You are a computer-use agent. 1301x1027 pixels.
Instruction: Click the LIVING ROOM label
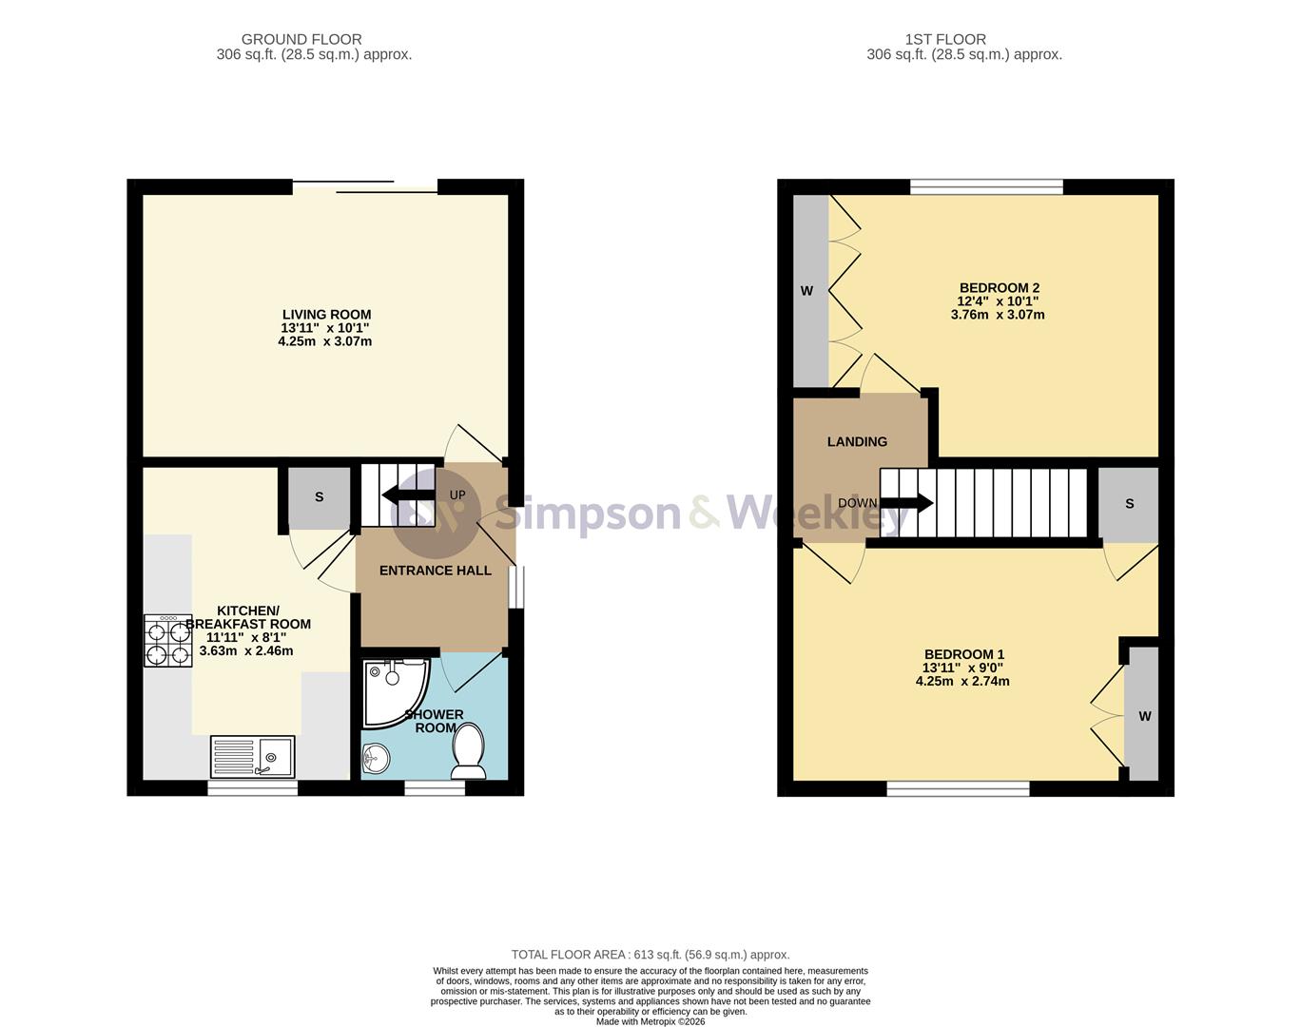pyautogui.click(x=326, y=315)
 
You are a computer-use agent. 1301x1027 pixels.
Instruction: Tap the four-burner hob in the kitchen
pyautogui.click(x=168, y=640)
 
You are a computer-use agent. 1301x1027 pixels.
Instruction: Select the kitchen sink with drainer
pyautogui.click(x=253, y=756)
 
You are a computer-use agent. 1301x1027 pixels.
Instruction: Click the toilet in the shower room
pyautogui.click(x=469, y=751)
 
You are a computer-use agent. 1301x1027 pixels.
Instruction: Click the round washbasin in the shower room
pyautogui.click(x=376, y=758)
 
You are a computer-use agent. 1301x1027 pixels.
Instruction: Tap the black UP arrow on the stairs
pyautogui.click(x=408, y=494)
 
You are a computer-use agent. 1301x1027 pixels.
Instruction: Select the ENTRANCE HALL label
pyautogui.click(x=436, y=570)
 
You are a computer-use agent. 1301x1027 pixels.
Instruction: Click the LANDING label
pyautogui.click(x=857, y=442)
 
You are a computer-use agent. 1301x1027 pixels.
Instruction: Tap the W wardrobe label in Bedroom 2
pyautogui.click(x=806, y=291)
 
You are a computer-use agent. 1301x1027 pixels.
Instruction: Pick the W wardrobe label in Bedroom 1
pyautogui.click(x=1145, y=716)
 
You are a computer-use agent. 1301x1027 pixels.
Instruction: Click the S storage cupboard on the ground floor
pyautogui.click(x=319, y=497)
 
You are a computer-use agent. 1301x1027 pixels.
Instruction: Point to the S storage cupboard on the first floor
pyautogui.click(x=1129, y=504)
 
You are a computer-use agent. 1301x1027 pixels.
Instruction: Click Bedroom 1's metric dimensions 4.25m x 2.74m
pyautogui.click(x=962, y=681)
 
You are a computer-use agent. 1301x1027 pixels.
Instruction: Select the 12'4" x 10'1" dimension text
pyautogui.click(x=998, y=301)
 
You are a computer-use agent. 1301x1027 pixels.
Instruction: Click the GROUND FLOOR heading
pyautogui.click(x=301, y=39)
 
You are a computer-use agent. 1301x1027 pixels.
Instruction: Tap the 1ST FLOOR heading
pyautogui.click(x=945, y=39)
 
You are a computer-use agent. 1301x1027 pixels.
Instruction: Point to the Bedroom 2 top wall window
pyautogui.click(x=986, y=186)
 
